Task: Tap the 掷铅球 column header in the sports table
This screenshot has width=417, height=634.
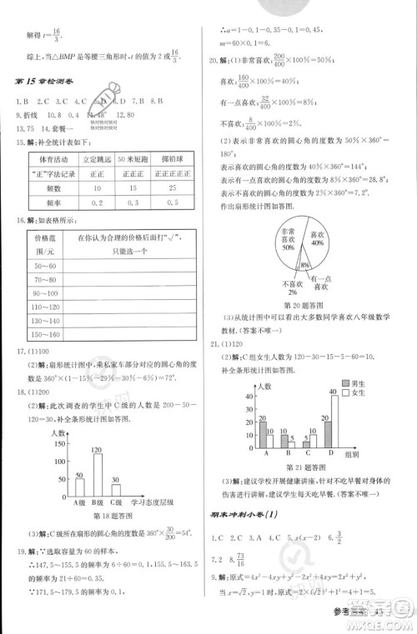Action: point(178,158)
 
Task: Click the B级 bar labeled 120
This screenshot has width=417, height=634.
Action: point(97,477)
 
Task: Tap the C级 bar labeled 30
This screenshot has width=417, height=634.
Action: point(116,492)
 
